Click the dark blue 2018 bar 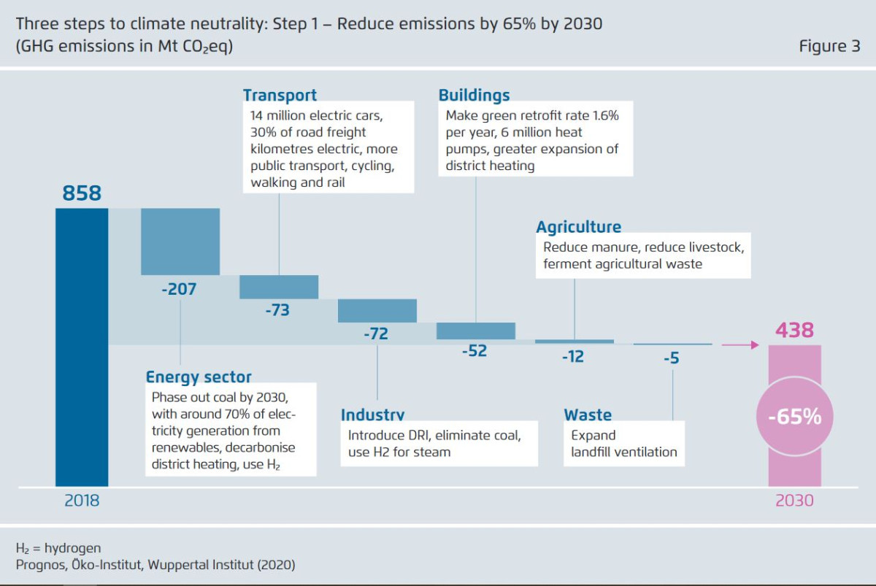coord(82,347)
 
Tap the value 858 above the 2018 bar coord(82,193)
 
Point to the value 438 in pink coord(794,330)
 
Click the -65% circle coord(794,417)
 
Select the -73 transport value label coord(277,310)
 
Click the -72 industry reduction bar coord(377,310)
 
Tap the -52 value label coord(474,350)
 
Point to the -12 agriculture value coord(573,358)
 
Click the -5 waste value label coord(672,358)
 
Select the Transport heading coord(280,95)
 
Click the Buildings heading coord(474,95)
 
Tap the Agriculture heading coord(578,227)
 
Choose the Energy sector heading coord(199,377)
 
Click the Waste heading coord(588,415)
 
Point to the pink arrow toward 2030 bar coord(740,344)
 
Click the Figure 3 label coord(829,46)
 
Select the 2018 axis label coord(82,501)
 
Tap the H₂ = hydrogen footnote coord(59,547)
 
